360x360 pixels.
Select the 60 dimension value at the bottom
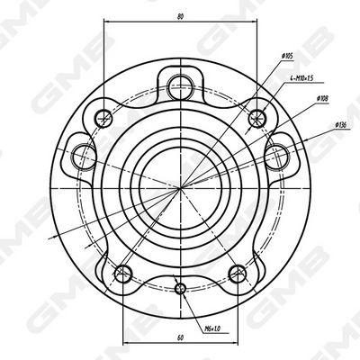[180, 337]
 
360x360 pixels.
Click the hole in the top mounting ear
[180, 86]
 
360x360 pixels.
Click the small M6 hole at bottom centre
[180, 288]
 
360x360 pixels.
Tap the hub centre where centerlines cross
[180, 187]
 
